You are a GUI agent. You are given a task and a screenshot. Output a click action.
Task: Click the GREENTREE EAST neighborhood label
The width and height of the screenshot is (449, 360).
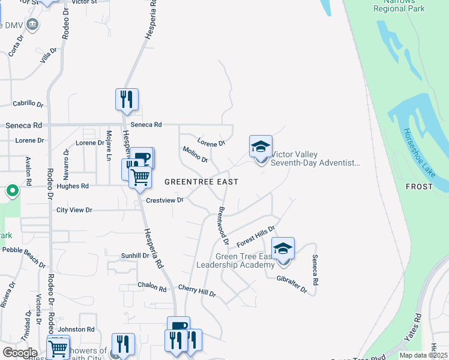coord(201,182)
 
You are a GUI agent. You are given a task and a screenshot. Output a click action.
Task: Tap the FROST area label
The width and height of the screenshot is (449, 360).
coord(419,187)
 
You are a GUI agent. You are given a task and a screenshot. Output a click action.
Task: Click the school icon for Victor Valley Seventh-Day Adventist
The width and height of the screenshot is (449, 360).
coord(261,147)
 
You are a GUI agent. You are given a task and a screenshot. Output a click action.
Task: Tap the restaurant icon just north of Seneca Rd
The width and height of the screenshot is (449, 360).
coord(127,100)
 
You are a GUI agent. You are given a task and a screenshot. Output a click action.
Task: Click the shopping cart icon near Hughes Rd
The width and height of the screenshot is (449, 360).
coord(140,177)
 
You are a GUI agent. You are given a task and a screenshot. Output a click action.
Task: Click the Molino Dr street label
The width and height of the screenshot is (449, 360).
coord(195,155)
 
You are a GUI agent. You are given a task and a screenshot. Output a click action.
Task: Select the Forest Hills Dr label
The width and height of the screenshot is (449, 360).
coord(255,236)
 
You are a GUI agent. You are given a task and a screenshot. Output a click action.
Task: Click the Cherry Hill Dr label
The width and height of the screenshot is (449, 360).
coord(196,292)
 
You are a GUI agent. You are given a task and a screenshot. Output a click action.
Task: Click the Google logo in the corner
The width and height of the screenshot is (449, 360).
coord(20,353)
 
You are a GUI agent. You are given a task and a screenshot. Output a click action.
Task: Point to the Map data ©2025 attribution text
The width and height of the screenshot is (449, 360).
coord(423,355)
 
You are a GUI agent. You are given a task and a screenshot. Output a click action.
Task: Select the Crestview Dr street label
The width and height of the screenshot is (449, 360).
coord(164,200)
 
